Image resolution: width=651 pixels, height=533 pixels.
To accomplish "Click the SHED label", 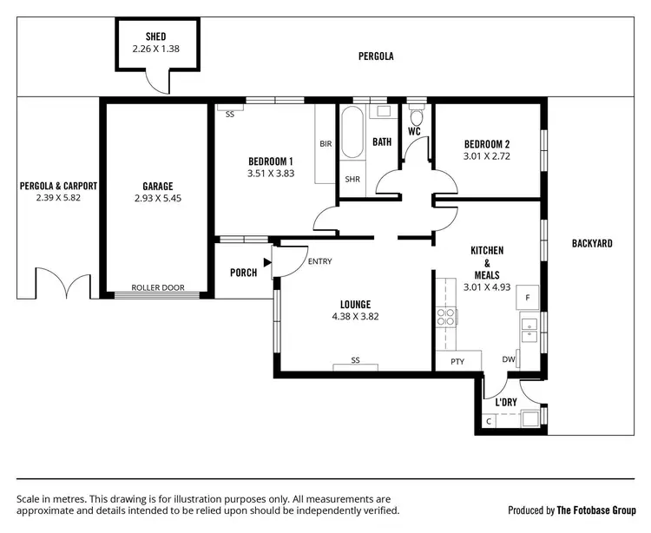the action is (157, 36).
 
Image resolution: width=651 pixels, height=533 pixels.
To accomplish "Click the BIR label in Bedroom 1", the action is (326, 143).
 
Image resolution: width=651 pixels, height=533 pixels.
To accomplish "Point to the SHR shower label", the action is (352, 180).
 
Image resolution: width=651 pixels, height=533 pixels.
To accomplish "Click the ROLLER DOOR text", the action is (158, 287).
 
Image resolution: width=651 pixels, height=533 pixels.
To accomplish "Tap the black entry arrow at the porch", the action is (267, 260).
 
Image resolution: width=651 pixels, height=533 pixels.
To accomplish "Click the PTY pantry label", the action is (457, 362).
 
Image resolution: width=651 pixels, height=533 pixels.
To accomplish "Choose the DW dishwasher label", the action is (509, 359).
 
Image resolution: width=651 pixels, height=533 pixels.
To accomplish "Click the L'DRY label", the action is (507, 403).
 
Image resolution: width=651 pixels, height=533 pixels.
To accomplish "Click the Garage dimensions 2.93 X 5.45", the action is (158, 198).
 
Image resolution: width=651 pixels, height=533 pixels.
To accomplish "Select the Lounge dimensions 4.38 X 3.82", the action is (355, 317).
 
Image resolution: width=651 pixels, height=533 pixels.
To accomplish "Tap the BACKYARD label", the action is (592, 244).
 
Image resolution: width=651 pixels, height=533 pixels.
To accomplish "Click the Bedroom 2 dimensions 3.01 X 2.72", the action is (487, 156).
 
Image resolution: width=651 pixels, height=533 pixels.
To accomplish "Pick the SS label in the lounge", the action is (356, 359).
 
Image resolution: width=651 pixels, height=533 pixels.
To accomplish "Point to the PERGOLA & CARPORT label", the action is (58, 186).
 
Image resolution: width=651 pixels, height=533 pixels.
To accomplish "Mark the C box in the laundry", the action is (490, 421).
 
